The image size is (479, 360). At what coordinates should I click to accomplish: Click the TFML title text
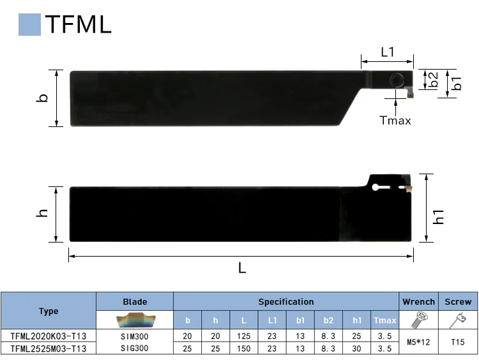(78, 24)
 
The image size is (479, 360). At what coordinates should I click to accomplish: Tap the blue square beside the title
(29, 24)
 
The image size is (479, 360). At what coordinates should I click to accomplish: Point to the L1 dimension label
(388, 52)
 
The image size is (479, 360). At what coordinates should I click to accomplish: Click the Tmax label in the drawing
(395, 120)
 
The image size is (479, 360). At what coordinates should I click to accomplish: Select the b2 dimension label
(434, 79)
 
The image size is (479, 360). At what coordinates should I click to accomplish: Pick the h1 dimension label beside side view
(439, 216)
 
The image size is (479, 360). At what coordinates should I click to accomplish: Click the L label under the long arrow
(242, 268)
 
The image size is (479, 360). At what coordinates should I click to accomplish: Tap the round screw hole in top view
(397, 80)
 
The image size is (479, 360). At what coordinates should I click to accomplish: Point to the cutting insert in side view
(408, 188)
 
